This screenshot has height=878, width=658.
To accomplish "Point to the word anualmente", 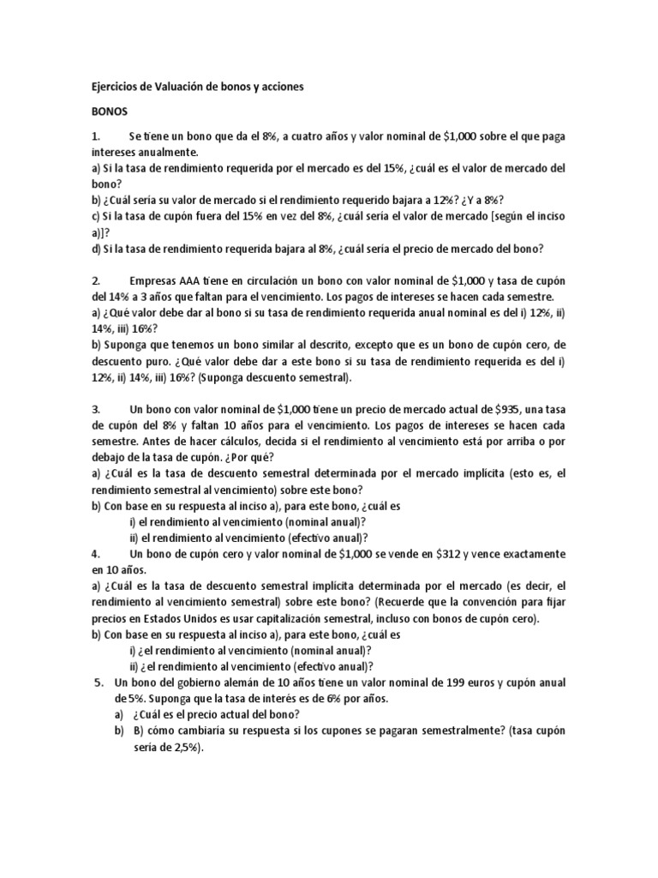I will (172, 151).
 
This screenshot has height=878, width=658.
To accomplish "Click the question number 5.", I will (95, 683).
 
